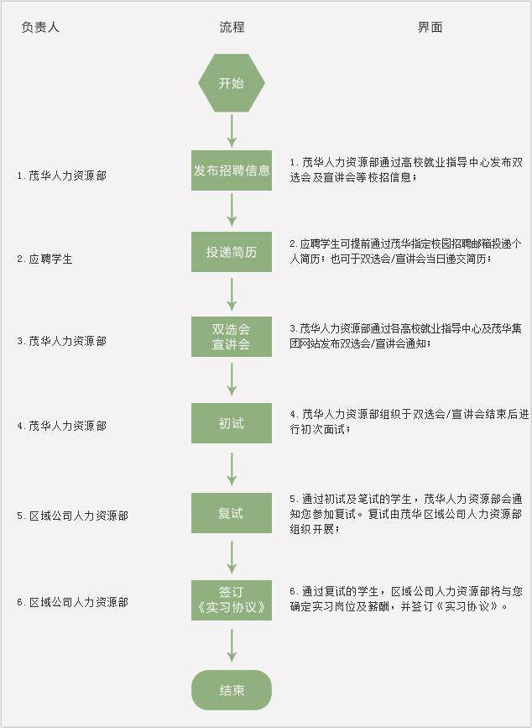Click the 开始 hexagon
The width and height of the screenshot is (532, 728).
point(232,83)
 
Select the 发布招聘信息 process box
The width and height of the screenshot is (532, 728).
point(232,170)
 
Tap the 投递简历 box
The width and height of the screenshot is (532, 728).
point(232,252)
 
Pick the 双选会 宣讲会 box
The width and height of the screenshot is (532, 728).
point(232,336)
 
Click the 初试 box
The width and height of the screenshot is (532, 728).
point(232,423)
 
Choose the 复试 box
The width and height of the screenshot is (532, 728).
point(232,513)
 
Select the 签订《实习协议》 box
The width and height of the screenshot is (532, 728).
point(232,599)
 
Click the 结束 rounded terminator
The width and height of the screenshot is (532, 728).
point(232,690)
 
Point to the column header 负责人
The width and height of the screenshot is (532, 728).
point(40,27)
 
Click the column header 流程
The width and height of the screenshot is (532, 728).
point(232,27)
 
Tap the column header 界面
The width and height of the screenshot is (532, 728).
point(430,27)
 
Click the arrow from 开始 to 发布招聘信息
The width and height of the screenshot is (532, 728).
point(232,129)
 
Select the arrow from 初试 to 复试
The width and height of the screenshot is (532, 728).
point(232,469)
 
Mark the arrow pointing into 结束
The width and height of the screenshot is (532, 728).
point(232,645)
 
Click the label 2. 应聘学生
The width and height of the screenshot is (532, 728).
point(45,259)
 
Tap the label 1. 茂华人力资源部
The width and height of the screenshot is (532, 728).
point(62,176)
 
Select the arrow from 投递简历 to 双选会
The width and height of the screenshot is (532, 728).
point(232,294)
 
